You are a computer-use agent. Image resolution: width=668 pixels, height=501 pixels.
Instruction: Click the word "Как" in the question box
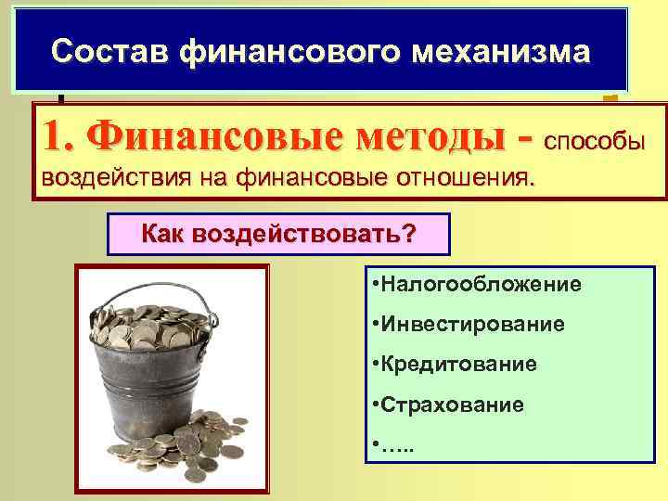click(x=164, y=234)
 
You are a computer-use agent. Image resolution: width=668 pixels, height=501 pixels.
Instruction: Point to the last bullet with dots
click(x=394, y=445)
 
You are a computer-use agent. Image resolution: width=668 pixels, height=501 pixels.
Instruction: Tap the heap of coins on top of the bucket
click(x=148, y=329)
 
